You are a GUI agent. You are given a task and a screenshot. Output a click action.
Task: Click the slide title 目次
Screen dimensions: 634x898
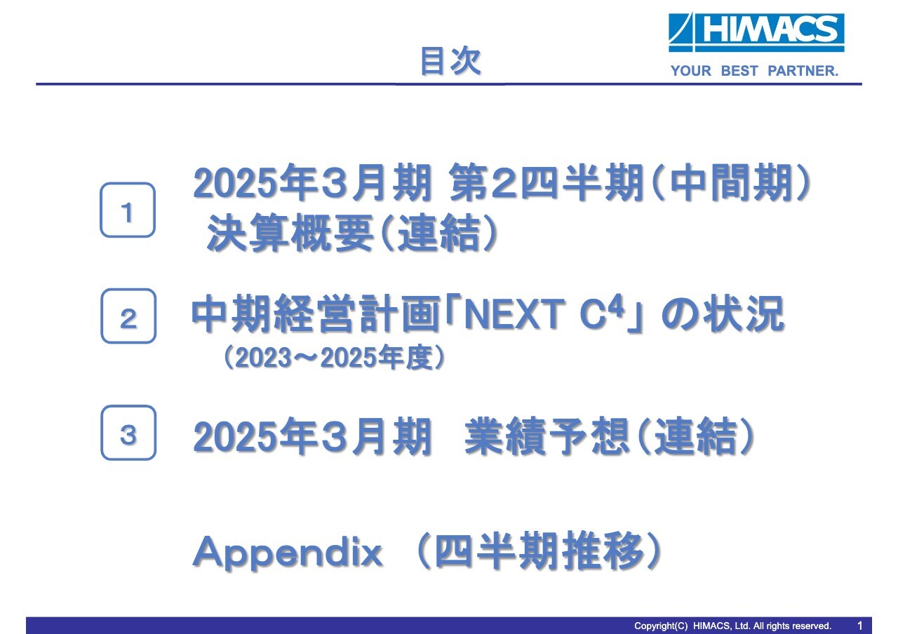[x=450, y=62]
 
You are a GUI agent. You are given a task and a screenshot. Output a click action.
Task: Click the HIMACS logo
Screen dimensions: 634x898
[x=756, y=32]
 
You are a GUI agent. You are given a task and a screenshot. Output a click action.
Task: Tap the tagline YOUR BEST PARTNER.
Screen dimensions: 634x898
[x=754, y=71]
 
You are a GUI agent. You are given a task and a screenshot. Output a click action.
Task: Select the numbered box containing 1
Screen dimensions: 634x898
[x=127, y=210]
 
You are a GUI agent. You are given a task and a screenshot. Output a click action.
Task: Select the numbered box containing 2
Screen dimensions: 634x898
[x=128, y=317]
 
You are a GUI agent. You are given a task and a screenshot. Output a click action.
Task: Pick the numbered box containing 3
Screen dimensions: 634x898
[x=128, y=433]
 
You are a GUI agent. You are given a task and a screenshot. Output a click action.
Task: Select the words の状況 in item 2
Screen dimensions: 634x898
[x=723, y=316]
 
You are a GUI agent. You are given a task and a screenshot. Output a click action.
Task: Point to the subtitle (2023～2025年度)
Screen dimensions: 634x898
[x=334, y=358]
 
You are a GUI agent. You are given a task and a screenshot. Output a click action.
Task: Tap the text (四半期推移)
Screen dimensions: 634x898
[x=537, y=553]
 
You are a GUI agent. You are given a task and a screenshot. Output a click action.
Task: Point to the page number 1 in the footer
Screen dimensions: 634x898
[x=860, y=625]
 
